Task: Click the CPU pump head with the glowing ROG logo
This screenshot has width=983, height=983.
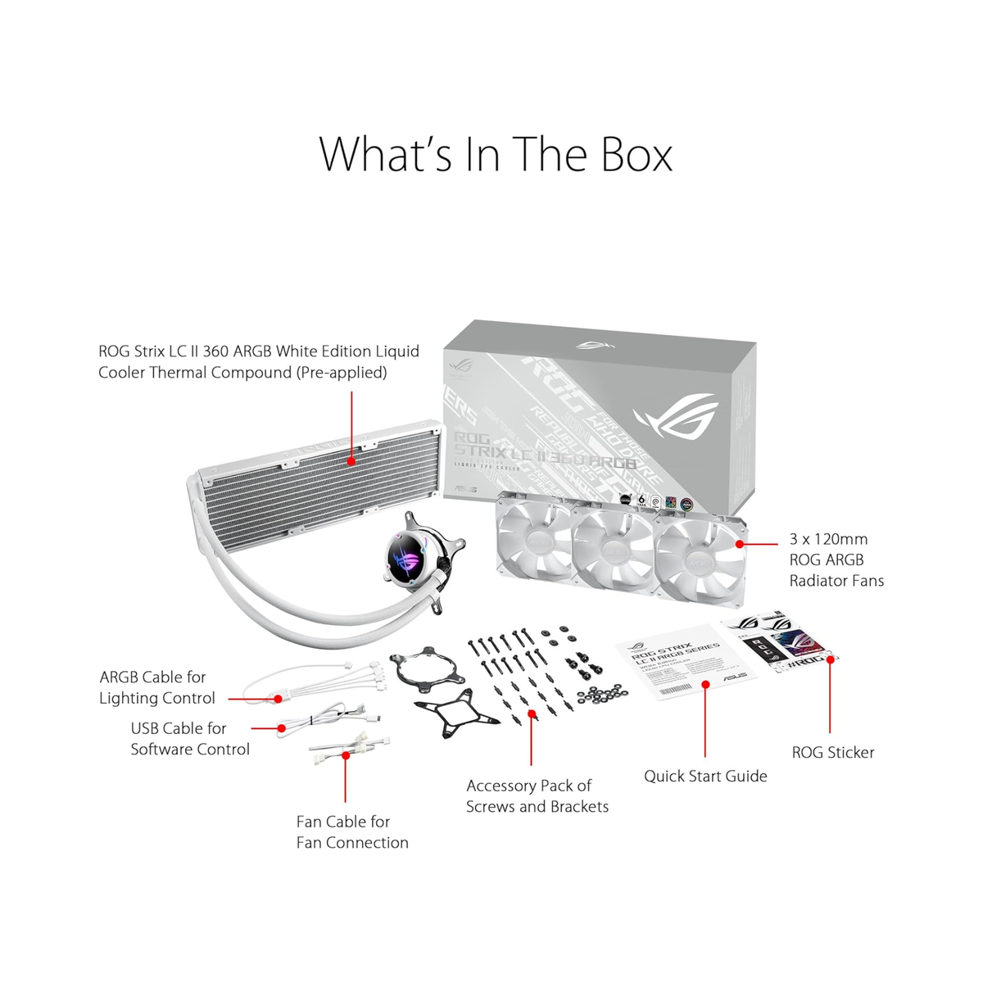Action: pos(410,563)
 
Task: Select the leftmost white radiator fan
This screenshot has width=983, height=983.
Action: pos(534,545)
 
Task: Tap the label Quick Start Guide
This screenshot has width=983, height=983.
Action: pos(705,776)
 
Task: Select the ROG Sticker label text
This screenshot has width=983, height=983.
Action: pos(832,752)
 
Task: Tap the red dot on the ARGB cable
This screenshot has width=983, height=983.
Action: pos(278,699)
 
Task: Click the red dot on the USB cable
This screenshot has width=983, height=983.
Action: pos(282,727)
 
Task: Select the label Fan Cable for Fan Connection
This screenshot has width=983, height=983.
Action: pos(351,831)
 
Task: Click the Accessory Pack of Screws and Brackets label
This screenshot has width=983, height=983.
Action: pos(537,795)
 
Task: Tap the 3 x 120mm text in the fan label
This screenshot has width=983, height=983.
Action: pos(828,539)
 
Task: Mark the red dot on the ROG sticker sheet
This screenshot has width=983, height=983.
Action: pos(830,658)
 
